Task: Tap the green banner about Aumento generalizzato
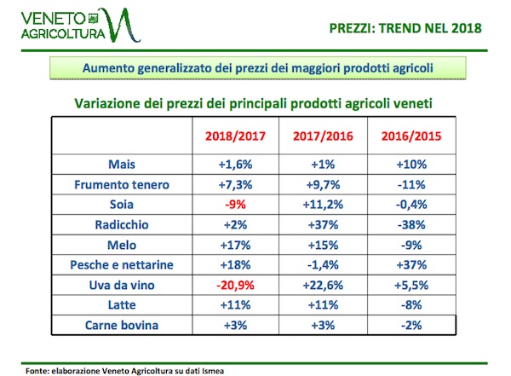[x=255, y=67]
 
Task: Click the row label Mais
[x=123, y=165]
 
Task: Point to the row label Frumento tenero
[x=123, y=184]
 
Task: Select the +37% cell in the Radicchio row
[x=324, y=224]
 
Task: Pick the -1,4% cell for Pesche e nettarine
[x=324, y=264]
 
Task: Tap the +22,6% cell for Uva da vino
[x=324, y=284]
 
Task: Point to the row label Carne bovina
[x=123, y=324]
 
